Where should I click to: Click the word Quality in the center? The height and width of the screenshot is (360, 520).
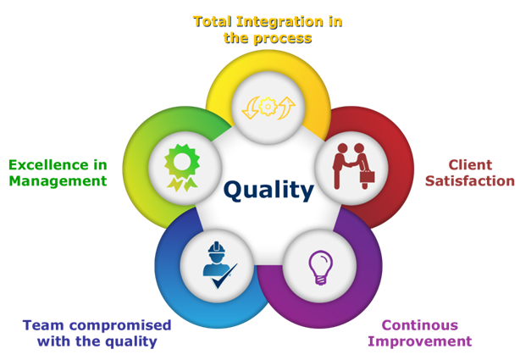click(268, 190)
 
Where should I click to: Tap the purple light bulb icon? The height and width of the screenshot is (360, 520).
click(320, 268)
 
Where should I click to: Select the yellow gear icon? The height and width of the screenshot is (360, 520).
click(268, 107)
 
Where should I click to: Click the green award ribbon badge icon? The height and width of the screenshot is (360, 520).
click(182, 168)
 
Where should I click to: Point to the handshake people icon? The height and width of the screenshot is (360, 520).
click(353, 166)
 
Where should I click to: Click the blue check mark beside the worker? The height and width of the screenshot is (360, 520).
click(224, 276)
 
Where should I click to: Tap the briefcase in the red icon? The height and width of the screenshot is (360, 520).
click(367, 176)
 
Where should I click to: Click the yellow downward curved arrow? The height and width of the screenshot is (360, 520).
click(251, 108)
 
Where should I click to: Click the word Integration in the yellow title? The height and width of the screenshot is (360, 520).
click(279, 22)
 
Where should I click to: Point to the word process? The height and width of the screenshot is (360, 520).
click(283, 39)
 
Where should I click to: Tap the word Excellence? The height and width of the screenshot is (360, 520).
click(48, 165)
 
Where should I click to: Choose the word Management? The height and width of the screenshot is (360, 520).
click(58, 180)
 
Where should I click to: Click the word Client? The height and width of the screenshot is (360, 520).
click(470, 165)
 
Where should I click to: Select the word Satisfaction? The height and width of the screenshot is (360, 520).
click(470, 180)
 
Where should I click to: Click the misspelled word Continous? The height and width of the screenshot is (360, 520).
click(420, 325)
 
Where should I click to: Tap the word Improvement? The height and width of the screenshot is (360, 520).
click(420, 341)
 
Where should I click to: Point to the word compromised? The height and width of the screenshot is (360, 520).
click(120, 325)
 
